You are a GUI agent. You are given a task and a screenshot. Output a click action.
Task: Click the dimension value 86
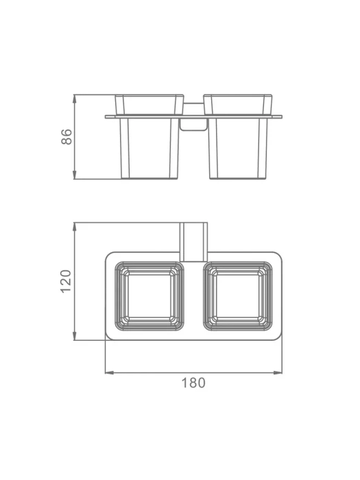point(67,137)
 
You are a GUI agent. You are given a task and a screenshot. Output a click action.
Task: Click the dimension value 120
point(66,281)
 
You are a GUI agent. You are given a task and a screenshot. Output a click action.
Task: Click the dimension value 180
point(193,383)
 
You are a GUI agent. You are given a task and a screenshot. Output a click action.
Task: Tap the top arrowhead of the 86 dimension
point(74,99)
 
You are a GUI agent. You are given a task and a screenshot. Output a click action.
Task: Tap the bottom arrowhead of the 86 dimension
point(74,175)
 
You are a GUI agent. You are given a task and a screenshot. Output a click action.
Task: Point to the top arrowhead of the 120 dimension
point(74,227)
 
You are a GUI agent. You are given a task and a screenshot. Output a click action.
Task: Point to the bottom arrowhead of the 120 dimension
point(74,336)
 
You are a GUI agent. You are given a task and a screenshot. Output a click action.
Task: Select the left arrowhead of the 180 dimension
point(110,372)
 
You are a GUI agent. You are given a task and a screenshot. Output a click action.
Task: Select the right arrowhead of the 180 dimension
point(278,372)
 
